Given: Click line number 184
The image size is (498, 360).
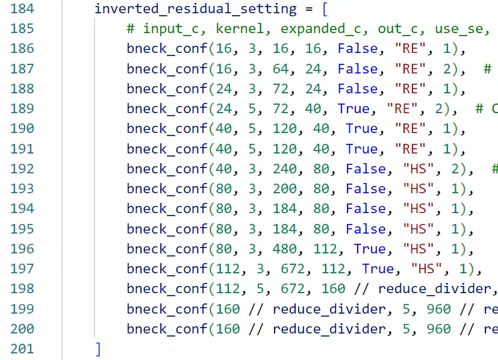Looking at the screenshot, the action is tap(22, 9).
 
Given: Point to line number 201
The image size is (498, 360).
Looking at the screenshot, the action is tap(22, 349).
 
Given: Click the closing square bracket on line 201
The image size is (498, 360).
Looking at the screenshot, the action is tap(98, 349).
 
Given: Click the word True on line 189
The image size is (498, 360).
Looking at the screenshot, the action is tap(353, 109).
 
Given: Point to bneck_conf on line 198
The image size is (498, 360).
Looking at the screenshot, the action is tap(167, 289).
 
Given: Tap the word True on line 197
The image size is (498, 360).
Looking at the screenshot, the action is tap(378, 269).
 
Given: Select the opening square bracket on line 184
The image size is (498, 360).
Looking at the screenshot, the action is tap(309, 9).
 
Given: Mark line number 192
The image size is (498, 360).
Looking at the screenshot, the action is tap(22, 169).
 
